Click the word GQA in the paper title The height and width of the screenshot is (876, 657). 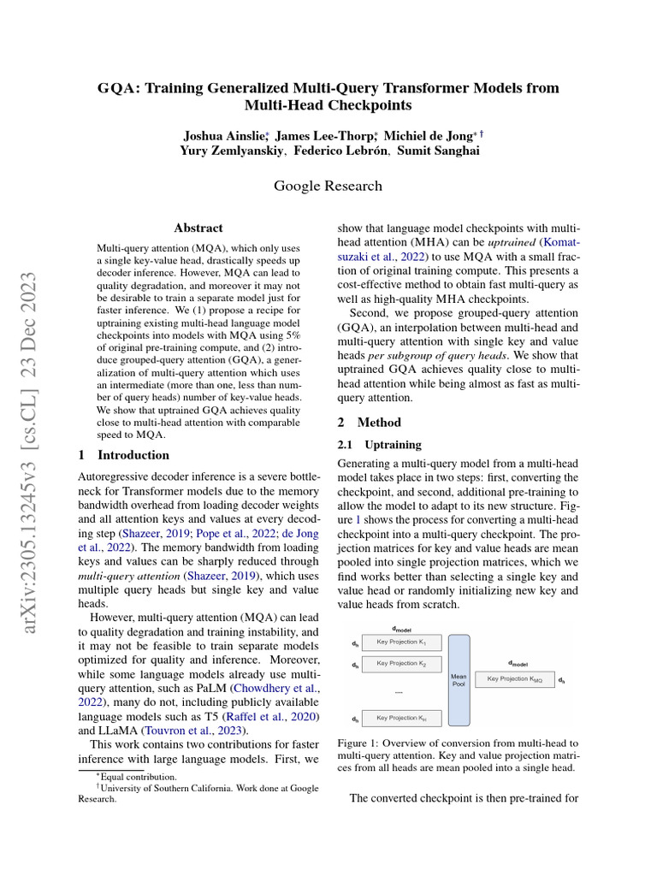(x=117, y=88)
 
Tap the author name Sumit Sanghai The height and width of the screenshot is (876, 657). (x=437, y=151)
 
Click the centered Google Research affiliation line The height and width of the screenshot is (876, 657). (x=328, y=186)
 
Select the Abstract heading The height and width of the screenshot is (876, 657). (x=198, y=228)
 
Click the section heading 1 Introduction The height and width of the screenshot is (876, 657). (x=123, y=455)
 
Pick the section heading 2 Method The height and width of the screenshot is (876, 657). (x=369, y=423)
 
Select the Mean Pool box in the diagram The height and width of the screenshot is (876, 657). (x=459, y=680)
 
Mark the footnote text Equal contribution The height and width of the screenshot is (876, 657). (x=139, y=777)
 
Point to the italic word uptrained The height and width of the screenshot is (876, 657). (x=512, y=241)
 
